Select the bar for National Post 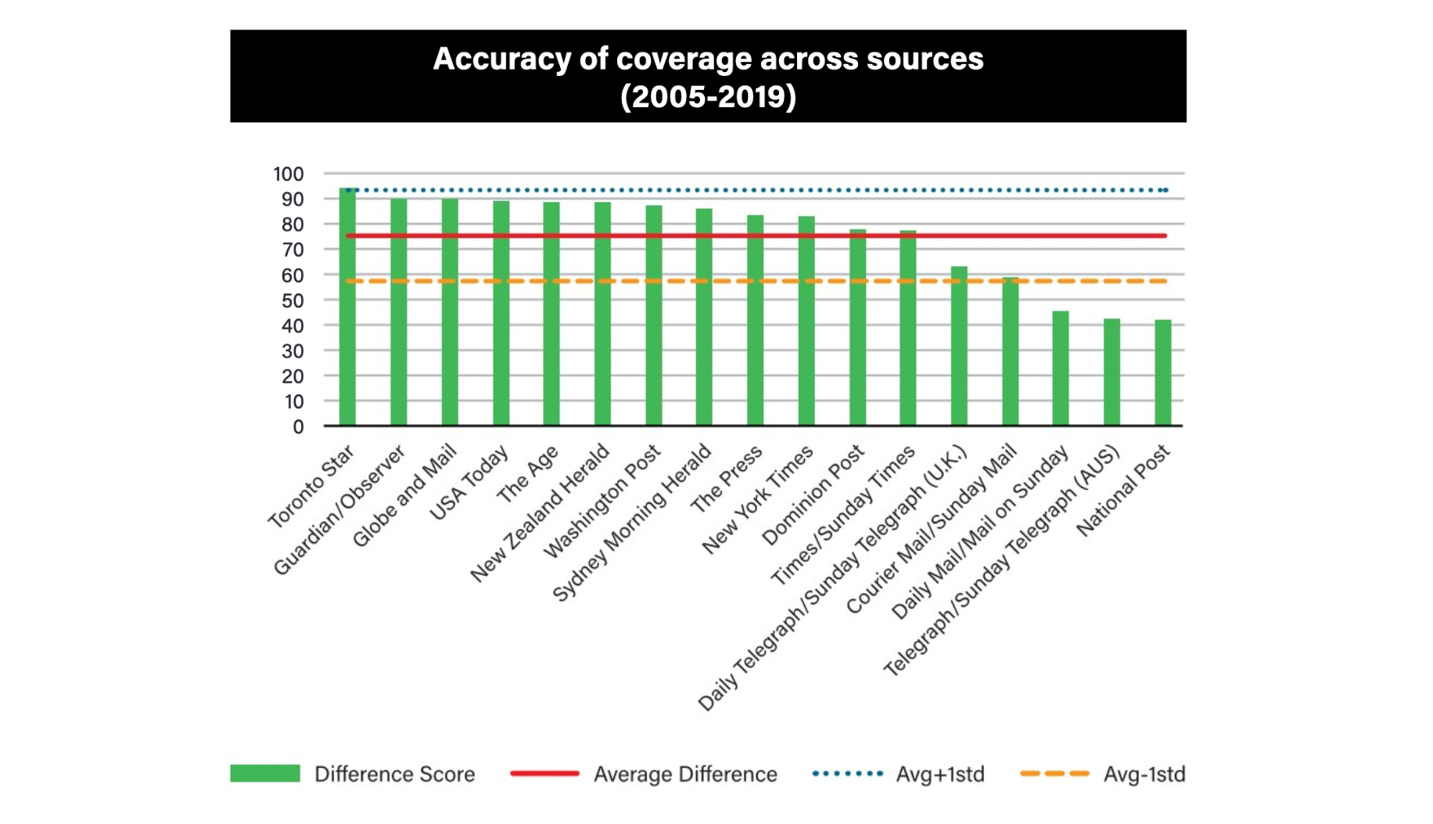click(x=1163, y=373)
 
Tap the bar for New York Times click(x=806, y=322)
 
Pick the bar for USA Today click(x=501, y=314)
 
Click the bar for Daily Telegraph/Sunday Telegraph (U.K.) click(x=959, y=347)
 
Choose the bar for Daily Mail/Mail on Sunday click(x=1061, y=369)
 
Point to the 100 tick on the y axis click(x=288, y=174)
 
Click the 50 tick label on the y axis click(x=293, y=300)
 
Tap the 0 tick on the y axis click(x=298, y=427)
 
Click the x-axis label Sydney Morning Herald click(x=632, y=523)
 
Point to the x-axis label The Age click(x=528, y=474)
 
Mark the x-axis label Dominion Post click(x=813, y=495)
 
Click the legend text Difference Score click(x=394, y=774)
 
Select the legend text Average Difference click(x=685, y=774)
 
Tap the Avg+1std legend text click(x=939, y=774)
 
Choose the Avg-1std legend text click(x=1144, y=774)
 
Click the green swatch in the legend click(x=264, y=773)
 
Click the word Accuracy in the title click(x=501, y=59)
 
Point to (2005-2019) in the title click(x=708, y=96)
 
